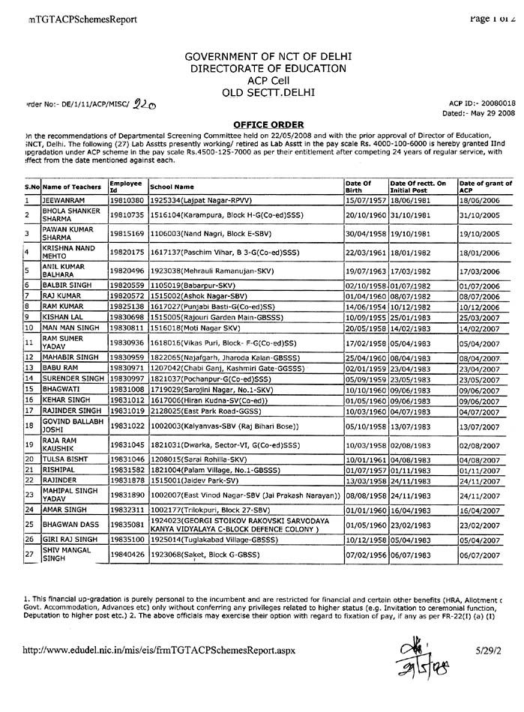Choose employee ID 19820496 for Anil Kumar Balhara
pos(125,272)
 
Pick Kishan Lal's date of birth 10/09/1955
pos(365,318)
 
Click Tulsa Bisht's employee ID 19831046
pos(125,458)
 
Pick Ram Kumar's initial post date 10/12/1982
pos(409,307)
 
